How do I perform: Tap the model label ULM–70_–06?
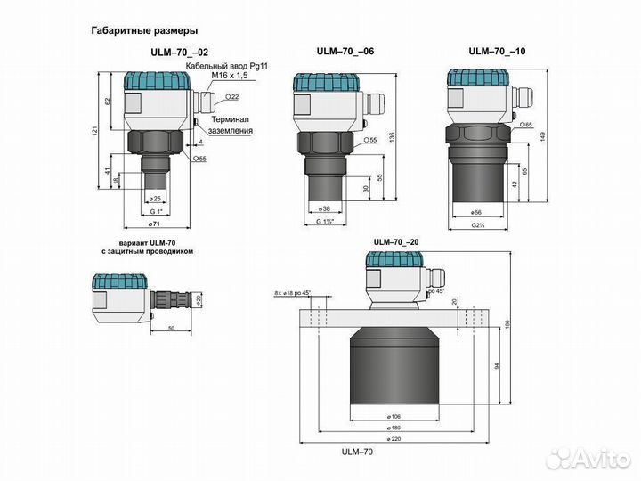point(345,51)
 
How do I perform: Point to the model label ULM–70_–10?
point(497,51)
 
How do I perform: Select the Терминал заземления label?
point(231,124)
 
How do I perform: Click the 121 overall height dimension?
point(101,133)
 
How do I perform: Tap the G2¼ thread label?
point(477,227)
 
